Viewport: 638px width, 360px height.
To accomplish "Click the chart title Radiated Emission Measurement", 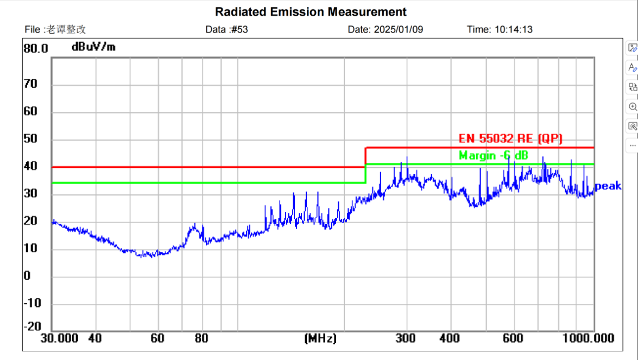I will click(x=311, y=11).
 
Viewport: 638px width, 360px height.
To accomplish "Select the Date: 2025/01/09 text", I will click(x=385, y=29).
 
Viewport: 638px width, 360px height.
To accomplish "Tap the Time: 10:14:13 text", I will click(x=500, y=29).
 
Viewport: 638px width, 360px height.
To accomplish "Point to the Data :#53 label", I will click(x=226, y=29).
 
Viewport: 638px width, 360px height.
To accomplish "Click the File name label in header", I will click(x=55, y=29).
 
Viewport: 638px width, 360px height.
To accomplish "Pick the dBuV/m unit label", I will click(x=93, y=47).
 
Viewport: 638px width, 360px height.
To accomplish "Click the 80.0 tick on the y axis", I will click(x=36, y=48).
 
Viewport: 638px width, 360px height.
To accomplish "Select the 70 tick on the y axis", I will click(x=30, y=84).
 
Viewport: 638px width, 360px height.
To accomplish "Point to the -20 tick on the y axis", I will click(x=32, y=326).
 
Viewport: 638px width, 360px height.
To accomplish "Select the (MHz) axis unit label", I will click(x=320, y=339).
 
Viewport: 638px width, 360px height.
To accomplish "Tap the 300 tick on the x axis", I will click(x=405, y=338).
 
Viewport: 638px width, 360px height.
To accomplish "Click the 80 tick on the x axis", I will click(x=202, y=338).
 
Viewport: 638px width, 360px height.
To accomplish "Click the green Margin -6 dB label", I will click(x=493, y=156).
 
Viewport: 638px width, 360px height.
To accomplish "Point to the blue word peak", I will click(x=608, y=186).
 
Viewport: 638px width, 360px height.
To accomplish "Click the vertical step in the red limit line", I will click(x=365, y=157).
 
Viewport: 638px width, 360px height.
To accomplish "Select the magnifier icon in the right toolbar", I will click(x=632, y=106).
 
